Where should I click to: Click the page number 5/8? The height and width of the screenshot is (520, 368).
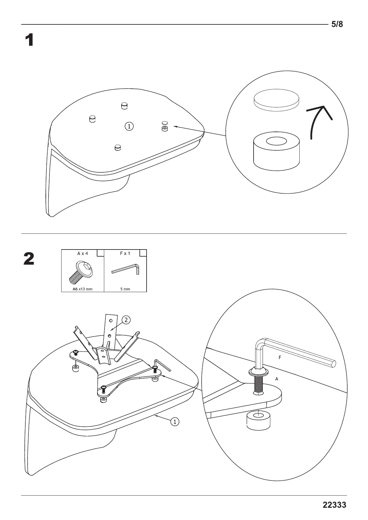click(337, 24)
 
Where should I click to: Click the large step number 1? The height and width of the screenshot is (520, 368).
click(29, 40)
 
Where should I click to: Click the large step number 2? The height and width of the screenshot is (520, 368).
click(29, 259)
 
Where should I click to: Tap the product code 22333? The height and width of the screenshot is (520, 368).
click(334, 505)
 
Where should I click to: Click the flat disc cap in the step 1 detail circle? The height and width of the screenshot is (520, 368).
click(276, 101)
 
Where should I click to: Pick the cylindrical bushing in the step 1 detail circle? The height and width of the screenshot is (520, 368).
click(276, 152)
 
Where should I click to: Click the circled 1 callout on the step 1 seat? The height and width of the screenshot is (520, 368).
click(129, 126)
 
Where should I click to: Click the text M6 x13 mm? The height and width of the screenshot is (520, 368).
click(82, 289)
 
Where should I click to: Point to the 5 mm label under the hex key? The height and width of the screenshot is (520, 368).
click(125, 289)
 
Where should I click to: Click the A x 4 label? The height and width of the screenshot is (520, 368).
click(83, 253)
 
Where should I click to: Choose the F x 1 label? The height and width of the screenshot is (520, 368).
click(125, 253)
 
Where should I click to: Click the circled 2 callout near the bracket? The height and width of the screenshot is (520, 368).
click(126, 320)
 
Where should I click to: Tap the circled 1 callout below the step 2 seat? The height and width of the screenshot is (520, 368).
click(175, 421)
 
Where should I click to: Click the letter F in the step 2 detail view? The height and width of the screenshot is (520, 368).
click(280, 358)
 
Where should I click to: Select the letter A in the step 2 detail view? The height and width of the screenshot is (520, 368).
click(277, 379)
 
